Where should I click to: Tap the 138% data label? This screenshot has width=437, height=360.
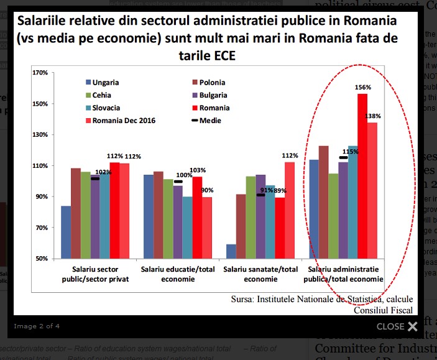373,116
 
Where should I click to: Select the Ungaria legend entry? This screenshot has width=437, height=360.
105,82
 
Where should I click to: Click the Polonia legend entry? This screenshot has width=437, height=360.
211,82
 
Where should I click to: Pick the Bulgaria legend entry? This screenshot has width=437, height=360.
213,95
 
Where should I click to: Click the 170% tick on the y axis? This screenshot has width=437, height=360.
39,73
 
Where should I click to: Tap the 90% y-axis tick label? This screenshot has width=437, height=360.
41,196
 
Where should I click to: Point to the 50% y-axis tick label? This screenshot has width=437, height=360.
41,259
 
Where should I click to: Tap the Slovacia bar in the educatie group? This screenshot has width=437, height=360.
188,227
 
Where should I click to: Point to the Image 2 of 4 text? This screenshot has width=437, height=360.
37,326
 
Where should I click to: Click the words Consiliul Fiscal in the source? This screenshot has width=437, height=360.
383,310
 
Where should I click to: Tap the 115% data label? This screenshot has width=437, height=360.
350,150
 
